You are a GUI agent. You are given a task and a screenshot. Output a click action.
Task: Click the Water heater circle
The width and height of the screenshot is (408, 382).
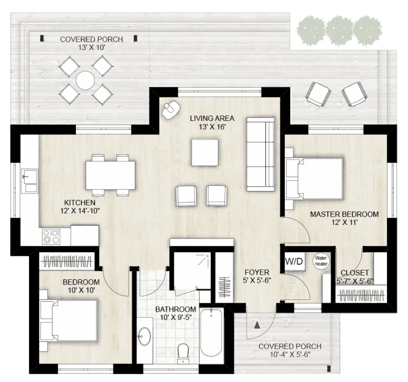320,261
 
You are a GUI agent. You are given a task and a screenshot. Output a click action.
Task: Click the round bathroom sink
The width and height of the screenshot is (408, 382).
144,336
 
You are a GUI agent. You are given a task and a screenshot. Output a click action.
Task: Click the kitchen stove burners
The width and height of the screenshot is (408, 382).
51,236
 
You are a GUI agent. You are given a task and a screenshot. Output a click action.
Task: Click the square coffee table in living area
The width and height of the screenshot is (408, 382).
205,152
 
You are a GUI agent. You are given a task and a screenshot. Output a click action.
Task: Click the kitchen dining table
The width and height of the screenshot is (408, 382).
110,175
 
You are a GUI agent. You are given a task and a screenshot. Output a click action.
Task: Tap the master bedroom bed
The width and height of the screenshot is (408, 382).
316,179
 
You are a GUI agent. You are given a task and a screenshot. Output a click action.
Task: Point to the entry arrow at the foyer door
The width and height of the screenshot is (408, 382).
258,325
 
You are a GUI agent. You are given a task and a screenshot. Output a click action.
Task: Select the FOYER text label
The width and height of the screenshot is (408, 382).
257,272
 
